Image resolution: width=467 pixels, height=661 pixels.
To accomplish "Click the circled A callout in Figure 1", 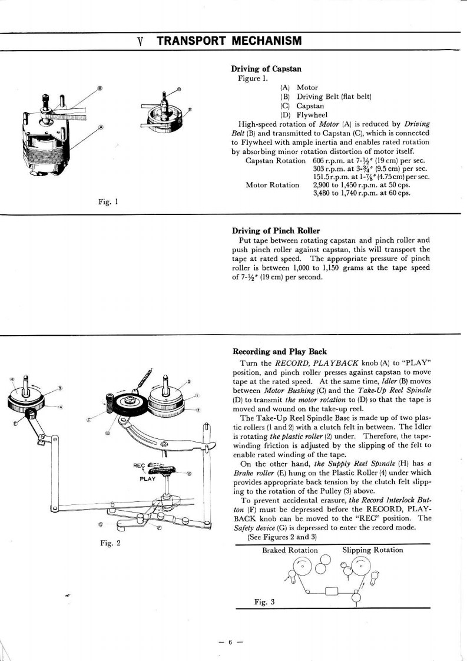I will pos(101,127).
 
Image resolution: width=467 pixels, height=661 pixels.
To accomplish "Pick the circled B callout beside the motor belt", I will pos(100,88).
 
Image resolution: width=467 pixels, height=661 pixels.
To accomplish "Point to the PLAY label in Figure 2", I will pos(147,478).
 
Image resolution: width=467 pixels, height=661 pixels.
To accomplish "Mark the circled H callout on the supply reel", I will pos(12,378).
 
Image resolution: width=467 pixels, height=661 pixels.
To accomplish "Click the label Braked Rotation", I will pos(290,550).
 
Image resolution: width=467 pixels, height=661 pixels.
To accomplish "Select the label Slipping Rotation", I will pos(373,550).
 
